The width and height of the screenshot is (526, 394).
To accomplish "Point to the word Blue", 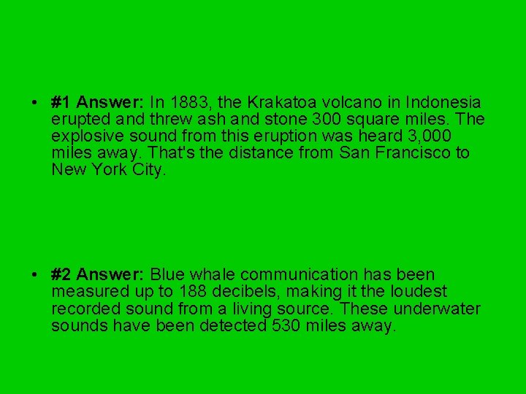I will [x=167, y=274].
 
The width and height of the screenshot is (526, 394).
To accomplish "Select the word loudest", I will [x=417, y=292].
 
